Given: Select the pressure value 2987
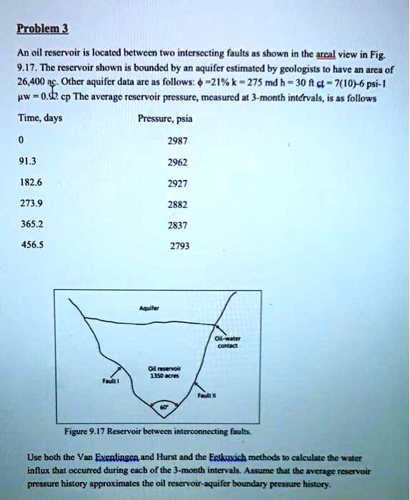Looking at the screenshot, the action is (176, 141).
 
